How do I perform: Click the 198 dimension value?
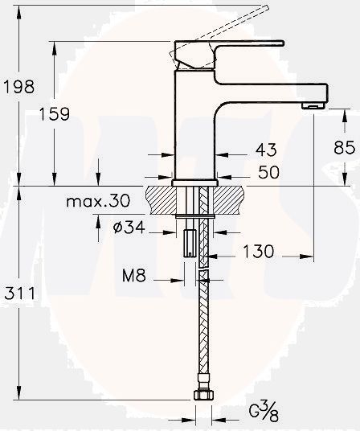(21, 84)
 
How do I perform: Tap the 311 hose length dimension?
(21, 294)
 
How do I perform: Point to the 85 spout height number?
(344, 148)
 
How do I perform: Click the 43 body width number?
(265, 150)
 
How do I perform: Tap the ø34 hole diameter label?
(129, 227)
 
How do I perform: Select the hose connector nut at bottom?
(202, 396)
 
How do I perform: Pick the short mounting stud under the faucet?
(190, 241)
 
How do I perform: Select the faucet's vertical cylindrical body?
(195, 129)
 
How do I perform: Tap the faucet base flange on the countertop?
(195, 183)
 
